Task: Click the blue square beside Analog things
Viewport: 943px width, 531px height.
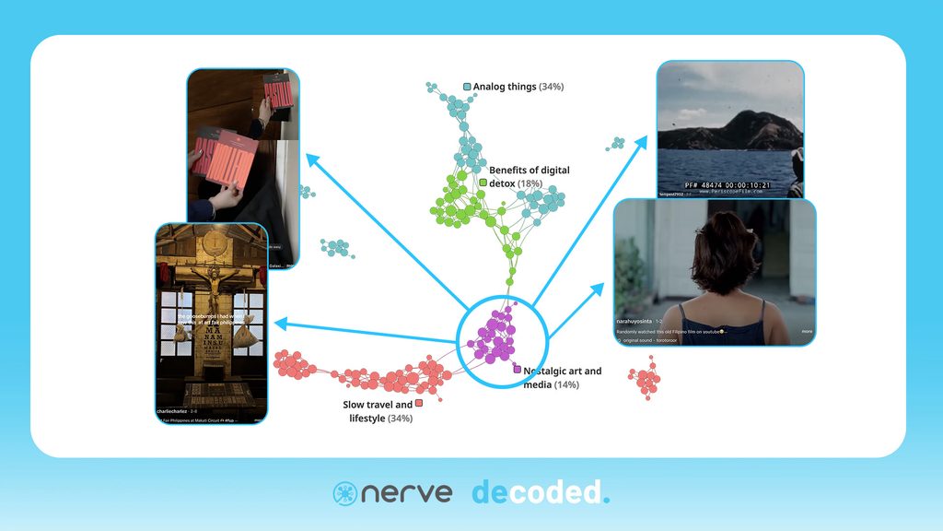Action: coord(467,87)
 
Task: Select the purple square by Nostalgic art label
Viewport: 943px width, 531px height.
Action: coord(518,371)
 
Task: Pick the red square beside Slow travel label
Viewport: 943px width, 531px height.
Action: coord(419,404)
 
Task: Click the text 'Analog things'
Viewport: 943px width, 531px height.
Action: coord(505,87)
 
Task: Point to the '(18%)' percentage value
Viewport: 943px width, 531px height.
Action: coord(530,184)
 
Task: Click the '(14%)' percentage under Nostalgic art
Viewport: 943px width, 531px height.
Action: coord(565,384)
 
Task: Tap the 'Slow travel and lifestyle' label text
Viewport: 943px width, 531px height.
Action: coord(378,411)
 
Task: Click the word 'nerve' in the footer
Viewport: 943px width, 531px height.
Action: coord(406,492)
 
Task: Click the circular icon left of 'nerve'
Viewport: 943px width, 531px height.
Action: coord(344,493)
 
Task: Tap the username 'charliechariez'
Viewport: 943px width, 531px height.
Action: coord(172,410)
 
